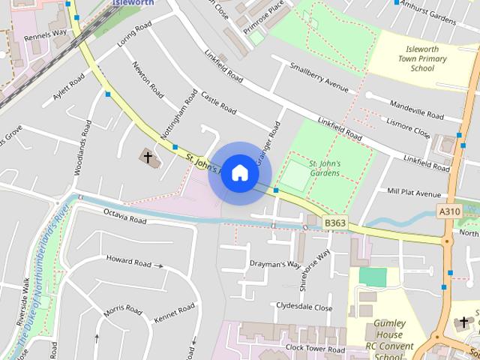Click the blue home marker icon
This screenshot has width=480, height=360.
point(239,172)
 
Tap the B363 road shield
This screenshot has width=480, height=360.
point(334,223)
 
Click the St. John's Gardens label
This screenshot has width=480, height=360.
point(325,168)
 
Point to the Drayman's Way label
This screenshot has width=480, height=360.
point(274,265)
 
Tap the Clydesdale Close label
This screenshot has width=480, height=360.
point(304,307)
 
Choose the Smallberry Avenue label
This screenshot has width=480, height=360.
point(319,76)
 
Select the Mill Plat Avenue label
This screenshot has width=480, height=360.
point(414,192)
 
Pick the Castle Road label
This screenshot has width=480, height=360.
point(218,108)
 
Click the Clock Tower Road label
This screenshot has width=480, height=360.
point(315,349)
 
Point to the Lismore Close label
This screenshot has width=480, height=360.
point(407,126)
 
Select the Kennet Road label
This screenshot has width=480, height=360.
point(174,313)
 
